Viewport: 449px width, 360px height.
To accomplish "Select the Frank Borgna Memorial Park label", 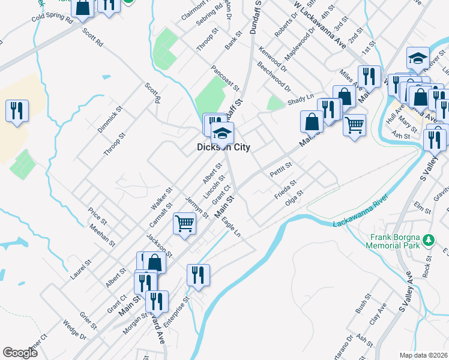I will point(393,241).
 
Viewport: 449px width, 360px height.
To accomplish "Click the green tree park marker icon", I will point(428,240).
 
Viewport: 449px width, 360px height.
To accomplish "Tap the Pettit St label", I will point(280,166).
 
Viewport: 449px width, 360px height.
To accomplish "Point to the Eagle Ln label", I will point(231,227).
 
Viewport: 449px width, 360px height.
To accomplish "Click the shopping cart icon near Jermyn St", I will point(185,224).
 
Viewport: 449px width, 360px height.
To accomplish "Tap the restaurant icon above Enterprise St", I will point(198,274).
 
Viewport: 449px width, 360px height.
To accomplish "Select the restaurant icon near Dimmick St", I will point(16,110).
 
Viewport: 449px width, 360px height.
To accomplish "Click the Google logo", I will point(20,353).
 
